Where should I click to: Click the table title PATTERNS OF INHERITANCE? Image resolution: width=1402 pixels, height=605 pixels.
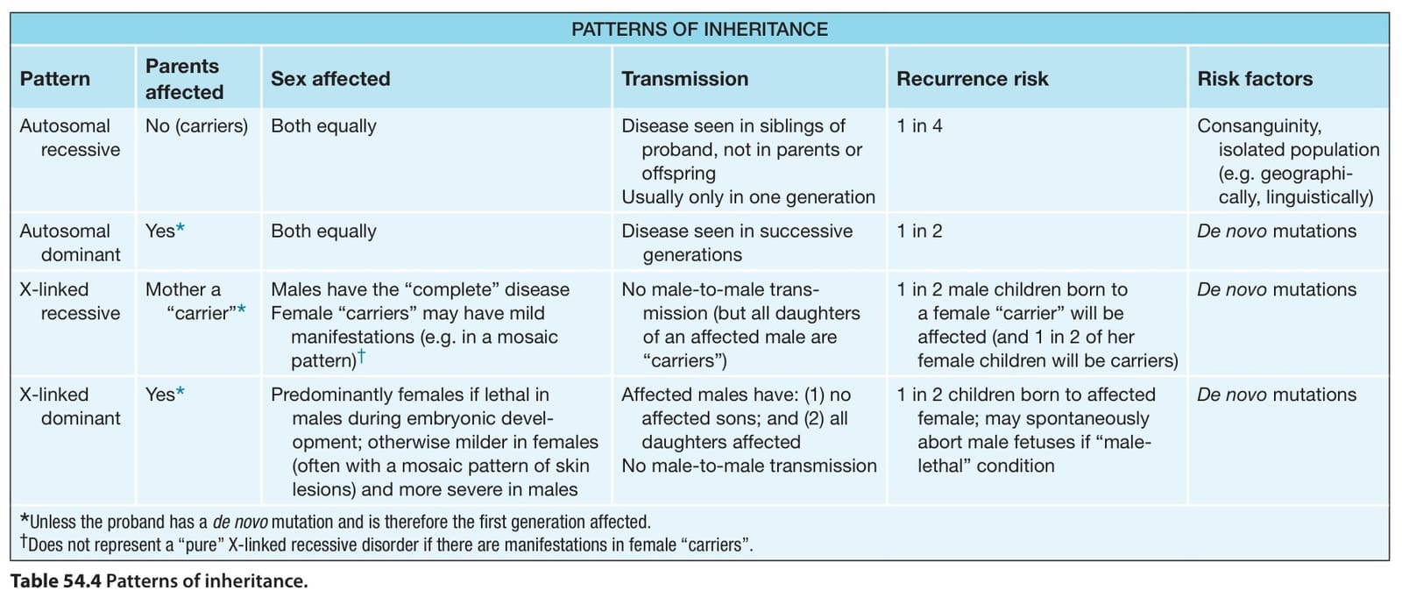(699, 30)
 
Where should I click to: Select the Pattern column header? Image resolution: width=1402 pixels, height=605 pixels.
(55, 79)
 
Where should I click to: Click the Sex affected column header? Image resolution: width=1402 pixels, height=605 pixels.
(330, 79)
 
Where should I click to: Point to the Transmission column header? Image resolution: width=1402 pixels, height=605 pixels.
(684, 79)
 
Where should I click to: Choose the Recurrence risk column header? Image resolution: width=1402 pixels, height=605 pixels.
(972, 79)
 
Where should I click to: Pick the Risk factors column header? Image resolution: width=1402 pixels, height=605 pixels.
(1255, 79)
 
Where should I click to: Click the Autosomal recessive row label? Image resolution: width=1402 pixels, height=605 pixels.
(69, 138)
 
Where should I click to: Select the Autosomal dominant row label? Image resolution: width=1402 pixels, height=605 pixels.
(69, 243)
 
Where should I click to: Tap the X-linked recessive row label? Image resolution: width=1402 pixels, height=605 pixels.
(69, 302)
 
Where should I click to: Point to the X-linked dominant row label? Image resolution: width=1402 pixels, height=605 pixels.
(69, 407)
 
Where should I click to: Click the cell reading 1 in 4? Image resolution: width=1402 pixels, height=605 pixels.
(919, 126)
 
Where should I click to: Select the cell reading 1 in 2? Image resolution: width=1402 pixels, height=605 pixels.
(919, 231)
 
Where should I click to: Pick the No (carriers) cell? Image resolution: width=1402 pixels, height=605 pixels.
(196, 126)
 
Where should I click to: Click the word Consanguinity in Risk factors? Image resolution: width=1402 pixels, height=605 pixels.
(1259, 126)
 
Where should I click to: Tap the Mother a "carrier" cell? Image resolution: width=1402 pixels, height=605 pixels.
(195, 302)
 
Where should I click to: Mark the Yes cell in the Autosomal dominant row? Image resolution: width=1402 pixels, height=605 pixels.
(165, 231)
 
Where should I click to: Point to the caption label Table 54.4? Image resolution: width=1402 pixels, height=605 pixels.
(56, 581)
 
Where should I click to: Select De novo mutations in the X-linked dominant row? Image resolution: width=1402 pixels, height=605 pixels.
(1277, 395)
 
